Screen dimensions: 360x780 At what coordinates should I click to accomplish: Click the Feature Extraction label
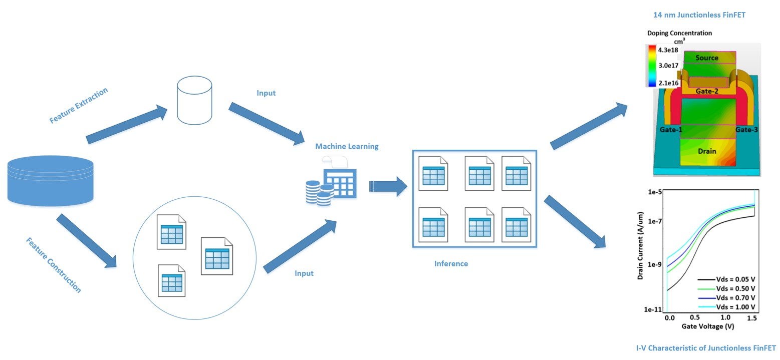click(79, 105)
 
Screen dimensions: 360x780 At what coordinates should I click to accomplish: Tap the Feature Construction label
click(53, 265)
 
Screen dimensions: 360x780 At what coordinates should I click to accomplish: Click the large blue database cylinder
click(51, 180)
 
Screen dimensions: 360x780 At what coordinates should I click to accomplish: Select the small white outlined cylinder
click(194, 100)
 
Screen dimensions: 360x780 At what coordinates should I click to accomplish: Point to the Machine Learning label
click(347, 146)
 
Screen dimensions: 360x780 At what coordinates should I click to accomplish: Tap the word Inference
click(451, 263)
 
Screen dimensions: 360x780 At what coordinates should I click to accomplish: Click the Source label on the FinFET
click(707, 58)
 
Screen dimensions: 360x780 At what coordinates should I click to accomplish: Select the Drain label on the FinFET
click(707, 151)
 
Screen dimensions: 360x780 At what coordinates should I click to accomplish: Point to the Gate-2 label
click(707, 91)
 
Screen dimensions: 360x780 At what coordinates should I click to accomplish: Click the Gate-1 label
click(671, 130)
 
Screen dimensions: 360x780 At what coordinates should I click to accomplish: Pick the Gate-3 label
click(746, 130)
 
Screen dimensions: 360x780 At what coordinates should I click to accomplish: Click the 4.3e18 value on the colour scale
click(669, 50)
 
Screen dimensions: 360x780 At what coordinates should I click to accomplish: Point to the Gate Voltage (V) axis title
click(707, 326)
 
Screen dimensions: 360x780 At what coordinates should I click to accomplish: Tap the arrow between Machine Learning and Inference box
click(388, 186)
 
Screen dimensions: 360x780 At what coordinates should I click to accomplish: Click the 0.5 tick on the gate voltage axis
click(695, 318)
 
